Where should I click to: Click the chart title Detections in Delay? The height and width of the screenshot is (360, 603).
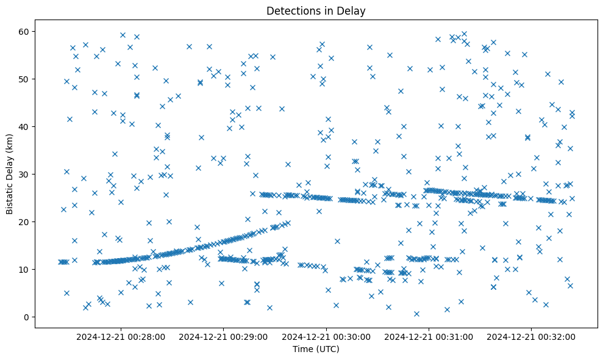pos(316,10)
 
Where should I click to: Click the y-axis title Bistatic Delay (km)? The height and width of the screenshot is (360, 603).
pos(10,173)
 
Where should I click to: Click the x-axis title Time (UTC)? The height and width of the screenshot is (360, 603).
pos(316,350)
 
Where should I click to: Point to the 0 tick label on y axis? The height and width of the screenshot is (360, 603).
pos(26,317)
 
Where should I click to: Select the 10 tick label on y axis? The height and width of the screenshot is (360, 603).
pos(24,269)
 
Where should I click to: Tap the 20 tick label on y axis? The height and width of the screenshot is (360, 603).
pos(24,221)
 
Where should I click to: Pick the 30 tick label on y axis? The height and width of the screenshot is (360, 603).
pos(24,174)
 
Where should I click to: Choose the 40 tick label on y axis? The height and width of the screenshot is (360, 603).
pos(24,126)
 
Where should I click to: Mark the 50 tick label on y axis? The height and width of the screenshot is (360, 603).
pos(24,79)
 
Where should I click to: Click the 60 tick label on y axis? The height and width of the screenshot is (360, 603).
pos(24,31)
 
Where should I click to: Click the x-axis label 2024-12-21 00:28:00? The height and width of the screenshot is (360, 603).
pos(121,336)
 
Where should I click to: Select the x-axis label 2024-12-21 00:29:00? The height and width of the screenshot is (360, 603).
pos(223,336)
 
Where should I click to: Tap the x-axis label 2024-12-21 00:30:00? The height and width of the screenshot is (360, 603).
pos(326,336)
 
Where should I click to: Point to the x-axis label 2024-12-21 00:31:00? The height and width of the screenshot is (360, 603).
pos(429,336)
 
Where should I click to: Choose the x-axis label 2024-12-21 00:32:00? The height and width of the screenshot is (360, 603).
pos(531,336)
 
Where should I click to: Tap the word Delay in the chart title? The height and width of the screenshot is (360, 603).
pos(353,10)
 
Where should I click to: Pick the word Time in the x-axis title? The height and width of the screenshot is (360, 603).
pos(303,350)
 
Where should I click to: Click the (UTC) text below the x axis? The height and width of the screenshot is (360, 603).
pos(327,350)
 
